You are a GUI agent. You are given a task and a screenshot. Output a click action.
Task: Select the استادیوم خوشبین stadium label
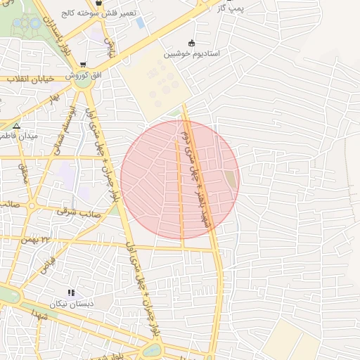(x=192, y=53)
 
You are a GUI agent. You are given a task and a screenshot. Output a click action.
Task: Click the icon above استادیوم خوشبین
(x=192, y=43)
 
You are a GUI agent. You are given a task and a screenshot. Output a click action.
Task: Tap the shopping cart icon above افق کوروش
(x=84, y=64)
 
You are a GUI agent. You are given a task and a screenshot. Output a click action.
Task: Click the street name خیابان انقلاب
(x=30, y=79)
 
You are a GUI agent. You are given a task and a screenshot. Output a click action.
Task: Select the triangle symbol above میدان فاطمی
(x=17, y=126)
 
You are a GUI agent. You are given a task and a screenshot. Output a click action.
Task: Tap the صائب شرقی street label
(x=79, y=212)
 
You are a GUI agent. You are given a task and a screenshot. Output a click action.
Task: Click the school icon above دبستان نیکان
(x=70, y=292)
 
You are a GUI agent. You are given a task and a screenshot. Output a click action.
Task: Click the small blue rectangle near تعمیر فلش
(x=140, y=23)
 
